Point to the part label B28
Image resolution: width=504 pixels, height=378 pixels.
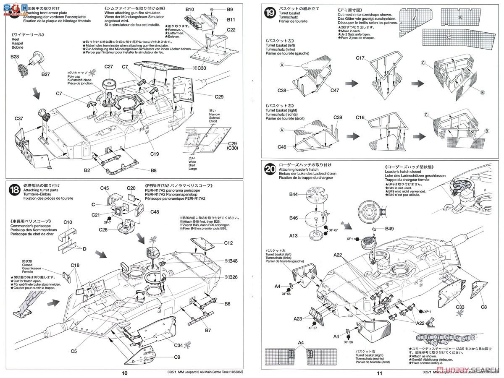15,57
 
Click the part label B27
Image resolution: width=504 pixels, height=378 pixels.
45,74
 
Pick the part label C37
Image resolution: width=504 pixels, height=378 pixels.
18,119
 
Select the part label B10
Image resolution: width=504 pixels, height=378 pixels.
189,9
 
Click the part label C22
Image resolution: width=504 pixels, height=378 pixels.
231,30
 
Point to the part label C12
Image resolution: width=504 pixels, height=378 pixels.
228,243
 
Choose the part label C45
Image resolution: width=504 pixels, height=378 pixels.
105,188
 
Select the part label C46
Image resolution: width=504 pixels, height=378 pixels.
282,147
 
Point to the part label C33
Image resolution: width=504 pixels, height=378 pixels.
461,307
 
